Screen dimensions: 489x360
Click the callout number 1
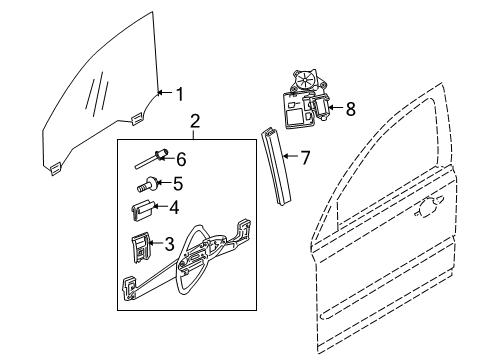click(180, 94)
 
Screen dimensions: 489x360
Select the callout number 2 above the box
click(195, 121)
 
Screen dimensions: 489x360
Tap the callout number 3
click(170, 244)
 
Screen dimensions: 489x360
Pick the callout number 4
click(174, 208)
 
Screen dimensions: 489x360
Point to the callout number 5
click(178, 184)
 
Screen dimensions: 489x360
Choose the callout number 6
click(181, 159)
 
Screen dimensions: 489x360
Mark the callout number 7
click(305, 157)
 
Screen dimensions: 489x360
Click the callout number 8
click(350, 109)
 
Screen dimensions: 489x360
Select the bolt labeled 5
click(147, 185)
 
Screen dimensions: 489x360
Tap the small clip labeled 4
click(140, 209)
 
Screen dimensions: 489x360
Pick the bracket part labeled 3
click(141, 247)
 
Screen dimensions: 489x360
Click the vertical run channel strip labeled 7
click(276, 165)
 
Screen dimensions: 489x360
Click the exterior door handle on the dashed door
click(429, 206)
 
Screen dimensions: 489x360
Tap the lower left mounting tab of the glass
click(55, 169)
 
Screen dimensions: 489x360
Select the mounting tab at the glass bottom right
click(137, 118)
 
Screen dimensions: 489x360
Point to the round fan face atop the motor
click(305, 81)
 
